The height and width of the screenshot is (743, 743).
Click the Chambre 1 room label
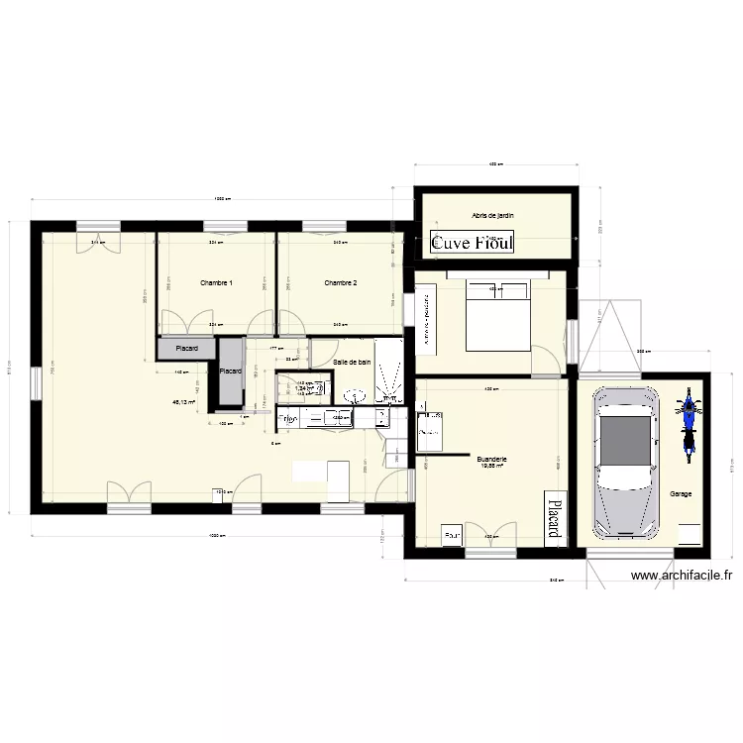pyautogui.click(x=216, y=283)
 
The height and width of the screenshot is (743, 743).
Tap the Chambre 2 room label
pyautogui.click(x=340, y=283)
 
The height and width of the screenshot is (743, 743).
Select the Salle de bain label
pyautogui.click(x=352, y=364)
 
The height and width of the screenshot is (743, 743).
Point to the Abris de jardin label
pyautogui.click(x=493, y=215)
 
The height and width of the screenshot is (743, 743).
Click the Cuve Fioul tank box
pyautogui.click(x=472, y=243)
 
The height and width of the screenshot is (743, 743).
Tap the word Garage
pyautogui.click(x=681, y=493)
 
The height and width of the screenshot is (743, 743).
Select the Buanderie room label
pyautogui.click(x=491, y=460)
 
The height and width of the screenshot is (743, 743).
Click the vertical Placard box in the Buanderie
pyautogui.click(x=553, y=516)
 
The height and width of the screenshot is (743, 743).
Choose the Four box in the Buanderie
pyautogui.click(x=454, y=536)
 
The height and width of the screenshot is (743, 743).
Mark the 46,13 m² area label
pyautogui.click(x=184, y=402)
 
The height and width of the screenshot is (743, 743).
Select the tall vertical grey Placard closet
pyautogui.click(x=231, y=371)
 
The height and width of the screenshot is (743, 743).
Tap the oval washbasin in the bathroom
pyautogui.click(x=356, y=396)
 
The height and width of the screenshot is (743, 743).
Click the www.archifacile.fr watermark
pyautogui.click(x=681, y=575)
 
